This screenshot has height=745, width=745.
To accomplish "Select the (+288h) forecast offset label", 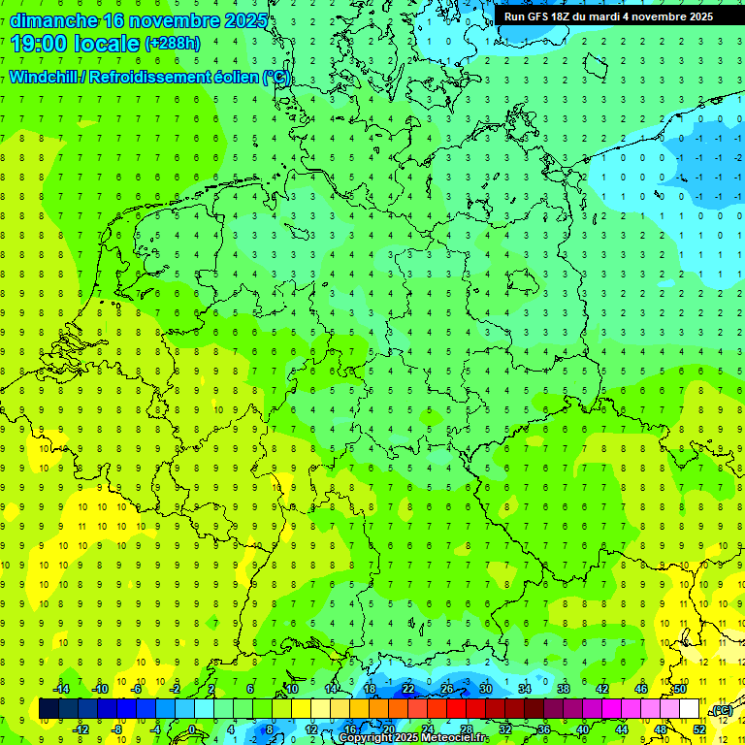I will (x=172, y=44).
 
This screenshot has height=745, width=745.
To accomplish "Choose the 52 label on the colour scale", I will (x=699, y=729).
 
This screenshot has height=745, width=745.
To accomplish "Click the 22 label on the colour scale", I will (x=408, y=689).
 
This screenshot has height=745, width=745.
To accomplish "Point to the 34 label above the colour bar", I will (x=525, y=689).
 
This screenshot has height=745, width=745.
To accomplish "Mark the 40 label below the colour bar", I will (x=583, y=729).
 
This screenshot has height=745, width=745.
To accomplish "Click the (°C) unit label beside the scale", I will (x=722, y=710).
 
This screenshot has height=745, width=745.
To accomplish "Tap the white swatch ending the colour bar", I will (x=689, y=709).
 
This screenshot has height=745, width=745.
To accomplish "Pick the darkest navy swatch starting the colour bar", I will (x=49, y=709).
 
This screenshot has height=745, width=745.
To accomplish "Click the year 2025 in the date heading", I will (x=244, y=20).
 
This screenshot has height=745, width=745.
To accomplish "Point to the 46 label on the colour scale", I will (x=641, y=689).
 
